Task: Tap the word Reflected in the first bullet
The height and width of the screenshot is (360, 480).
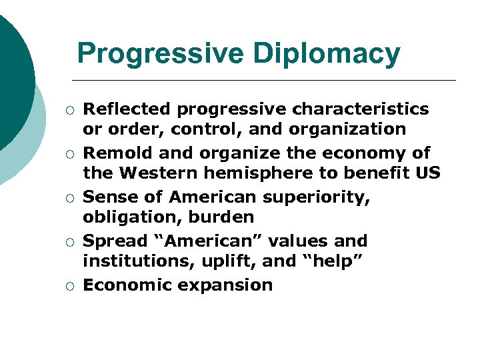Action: pos(127,109)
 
